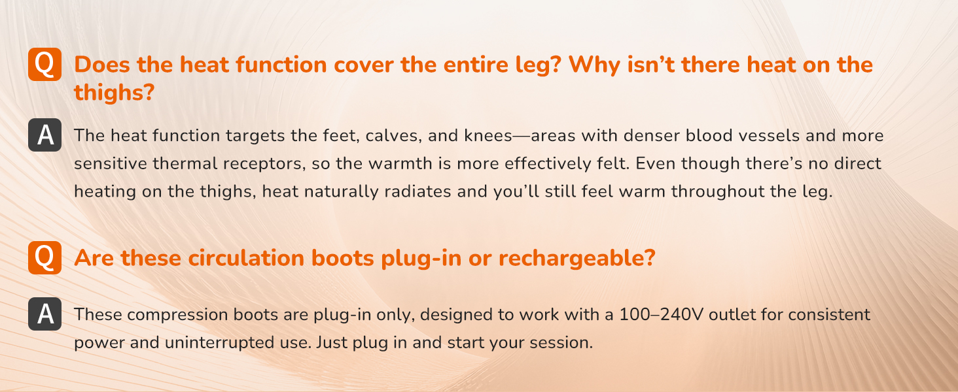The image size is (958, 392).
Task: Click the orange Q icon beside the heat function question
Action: pos(45,64)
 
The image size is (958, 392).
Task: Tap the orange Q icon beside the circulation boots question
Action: pos(45,257)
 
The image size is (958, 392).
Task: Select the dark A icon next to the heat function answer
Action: pos(45,135)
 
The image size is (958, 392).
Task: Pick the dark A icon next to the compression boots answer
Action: pos(45,314)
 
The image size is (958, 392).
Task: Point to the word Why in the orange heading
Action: pos(594,65)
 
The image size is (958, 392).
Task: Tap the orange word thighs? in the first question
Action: pos(115,93)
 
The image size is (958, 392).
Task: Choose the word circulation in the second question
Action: pos(246,258)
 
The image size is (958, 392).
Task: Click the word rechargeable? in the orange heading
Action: pos(577,258)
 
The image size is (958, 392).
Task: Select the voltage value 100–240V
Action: pos(661,314)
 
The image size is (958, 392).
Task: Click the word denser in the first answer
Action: pos(652,135)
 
